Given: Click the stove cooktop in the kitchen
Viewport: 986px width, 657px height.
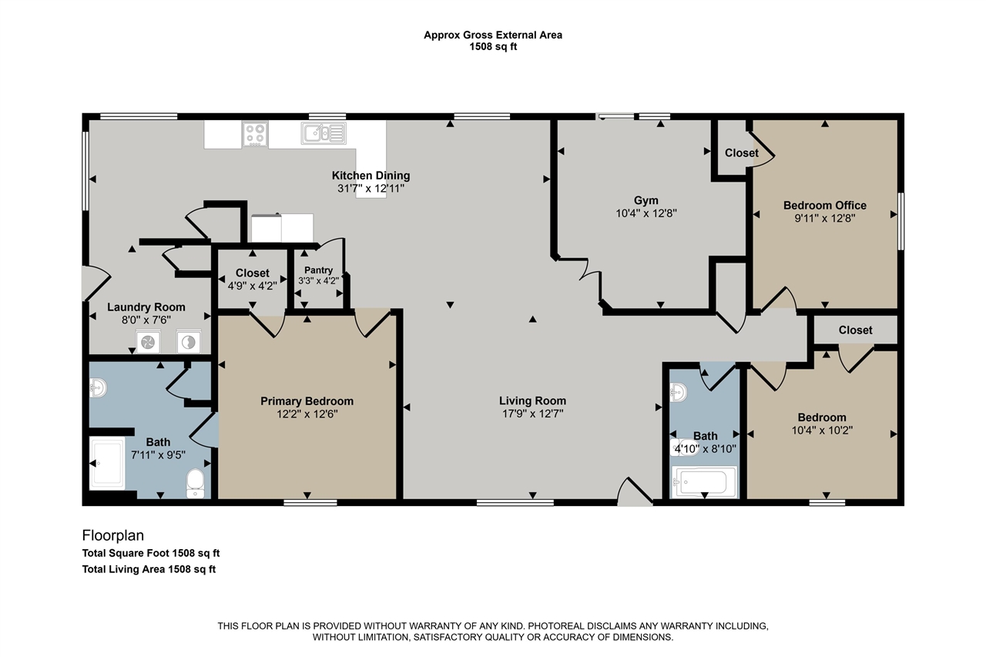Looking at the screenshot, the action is pos(255,134).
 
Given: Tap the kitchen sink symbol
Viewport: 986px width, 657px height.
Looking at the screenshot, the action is pos(324,133).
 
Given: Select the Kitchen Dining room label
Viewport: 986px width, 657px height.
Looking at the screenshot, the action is pos(371,176).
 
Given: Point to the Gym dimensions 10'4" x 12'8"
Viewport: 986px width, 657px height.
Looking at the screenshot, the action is pos(646,213).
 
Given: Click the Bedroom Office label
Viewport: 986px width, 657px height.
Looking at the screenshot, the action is pos(824,206).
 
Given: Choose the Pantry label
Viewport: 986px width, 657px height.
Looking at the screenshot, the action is pos(318,270).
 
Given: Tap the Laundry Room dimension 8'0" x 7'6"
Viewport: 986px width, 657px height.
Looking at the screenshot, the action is pos(146,320).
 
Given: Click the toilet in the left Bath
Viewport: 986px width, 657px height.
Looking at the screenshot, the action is pos(195,484).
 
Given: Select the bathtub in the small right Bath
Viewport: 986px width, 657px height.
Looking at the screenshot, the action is pos(704,482).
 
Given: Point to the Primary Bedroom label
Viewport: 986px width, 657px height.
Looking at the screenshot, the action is pos(307,401).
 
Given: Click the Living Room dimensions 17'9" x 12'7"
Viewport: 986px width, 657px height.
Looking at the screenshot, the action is pos(532,414).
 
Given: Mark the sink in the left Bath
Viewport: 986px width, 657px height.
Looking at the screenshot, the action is pos(98,388).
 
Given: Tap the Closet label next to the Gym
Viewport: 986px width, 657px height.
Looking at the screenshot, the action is pos(741,153).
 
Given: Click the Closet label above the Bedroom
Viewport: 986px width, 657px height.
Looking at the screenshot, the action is pos(855,330).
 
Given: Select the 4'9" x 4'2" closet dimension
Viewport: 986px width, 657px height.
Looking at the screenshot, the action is pos(252,286).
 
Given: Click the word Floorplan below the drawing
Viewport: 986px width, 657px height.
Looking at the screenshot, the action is pos(113,535).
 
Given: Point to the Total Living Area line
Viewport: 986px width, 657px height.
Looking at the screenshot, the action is pos(149,569).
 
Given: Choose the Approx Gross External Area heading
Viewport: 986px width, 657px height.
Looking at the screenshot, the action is pos(493,35).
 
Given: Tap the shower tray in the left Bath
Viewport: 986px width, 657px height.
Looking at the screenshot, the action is pos(107,463).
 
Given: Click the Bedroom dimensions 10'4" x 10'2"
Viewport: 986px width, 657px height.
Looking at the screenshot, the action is pos(822,431).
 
